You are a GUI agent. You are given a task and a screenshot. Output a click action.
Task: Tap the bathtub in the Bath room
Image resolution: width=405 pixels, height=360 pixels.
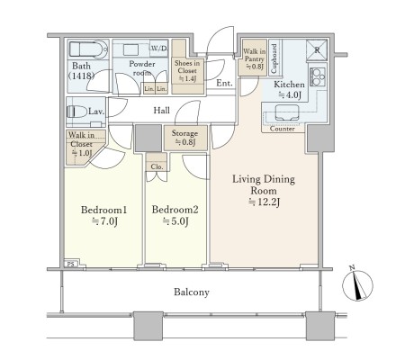tap(88, 49)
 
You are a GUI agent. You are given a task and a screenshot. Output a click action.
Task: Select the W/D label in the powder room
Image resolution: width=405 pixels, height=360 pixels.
tap(159, 48)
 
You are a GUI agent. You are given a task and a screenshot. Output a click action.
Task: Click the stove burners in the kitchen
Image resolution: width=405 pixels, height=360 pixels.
tap(318, 76)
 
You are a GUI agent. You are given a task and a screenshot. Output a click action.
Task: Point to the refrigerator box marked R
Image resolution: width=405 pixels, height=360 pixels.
tap(317, 50)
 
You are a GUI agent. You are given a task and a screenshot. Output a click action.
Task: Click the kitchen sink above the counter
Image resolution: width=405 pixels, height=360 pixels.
tap(287, 112)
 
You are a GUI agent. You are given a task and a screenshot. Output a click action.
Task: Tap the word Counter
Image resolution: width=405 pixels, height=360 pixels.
tap(283, 129)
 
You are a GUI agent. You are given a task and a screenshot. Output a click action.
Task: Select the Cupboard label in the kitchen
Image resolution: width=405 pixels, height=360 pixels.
tap(274, 58)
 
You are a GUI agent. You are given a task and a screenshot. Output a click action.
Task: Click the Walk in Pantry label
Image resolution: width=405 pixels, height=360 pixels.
tap(254, 59)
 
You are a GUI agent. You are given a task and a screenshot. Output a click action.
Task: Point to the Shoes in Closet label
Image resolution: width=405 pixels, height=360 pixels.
tap(187, 71)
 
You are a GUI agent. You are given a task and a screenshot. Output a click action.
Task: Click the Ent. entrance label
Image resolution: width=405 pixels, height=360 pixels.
tap(224, 83)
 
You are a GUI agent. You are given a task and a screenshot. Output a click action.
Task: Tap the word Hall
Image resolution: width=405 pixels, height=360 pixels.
tap(162, 111)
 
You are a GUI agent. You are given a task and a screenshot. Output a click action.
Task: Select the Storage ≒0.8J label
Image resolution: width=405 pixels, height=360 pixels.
tap(184, 138)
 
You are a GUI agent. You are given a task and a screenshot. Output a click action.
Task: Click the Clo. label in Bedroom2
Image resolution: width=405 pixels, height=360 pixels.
tap(157, 166)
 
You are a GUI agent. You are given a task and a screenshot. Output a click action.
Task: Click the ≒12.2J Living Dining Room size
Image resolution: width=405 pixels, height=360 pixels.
tap(264, 202)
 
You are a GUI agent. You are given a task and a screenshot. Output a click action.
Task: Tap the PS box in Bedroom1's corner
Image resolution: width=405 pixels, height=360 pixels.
tap(71, 264)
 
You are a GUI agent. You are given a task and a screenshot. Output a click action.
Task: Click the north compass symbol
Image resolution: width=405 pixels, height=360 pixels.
tap(357, 284)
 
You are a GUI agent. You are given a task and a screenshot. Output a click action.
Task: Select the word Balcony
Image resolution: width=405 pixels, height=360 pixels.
tap(192, 292)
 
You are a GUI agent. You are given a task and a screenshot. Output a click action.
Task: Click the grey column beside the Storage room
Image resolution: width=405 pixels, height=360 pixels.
tap(148, 138)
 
